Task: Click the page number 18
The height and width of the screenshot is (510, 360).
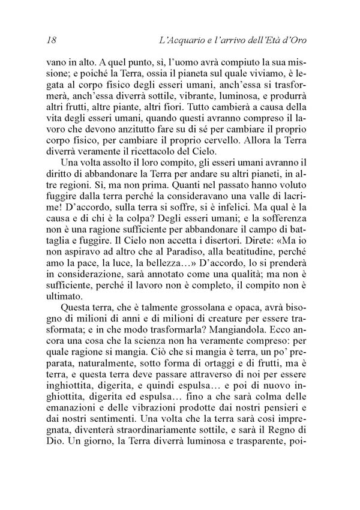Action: point(50,41)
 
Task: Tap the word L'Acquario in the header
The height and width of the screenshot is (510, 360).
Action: point(177,41)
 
